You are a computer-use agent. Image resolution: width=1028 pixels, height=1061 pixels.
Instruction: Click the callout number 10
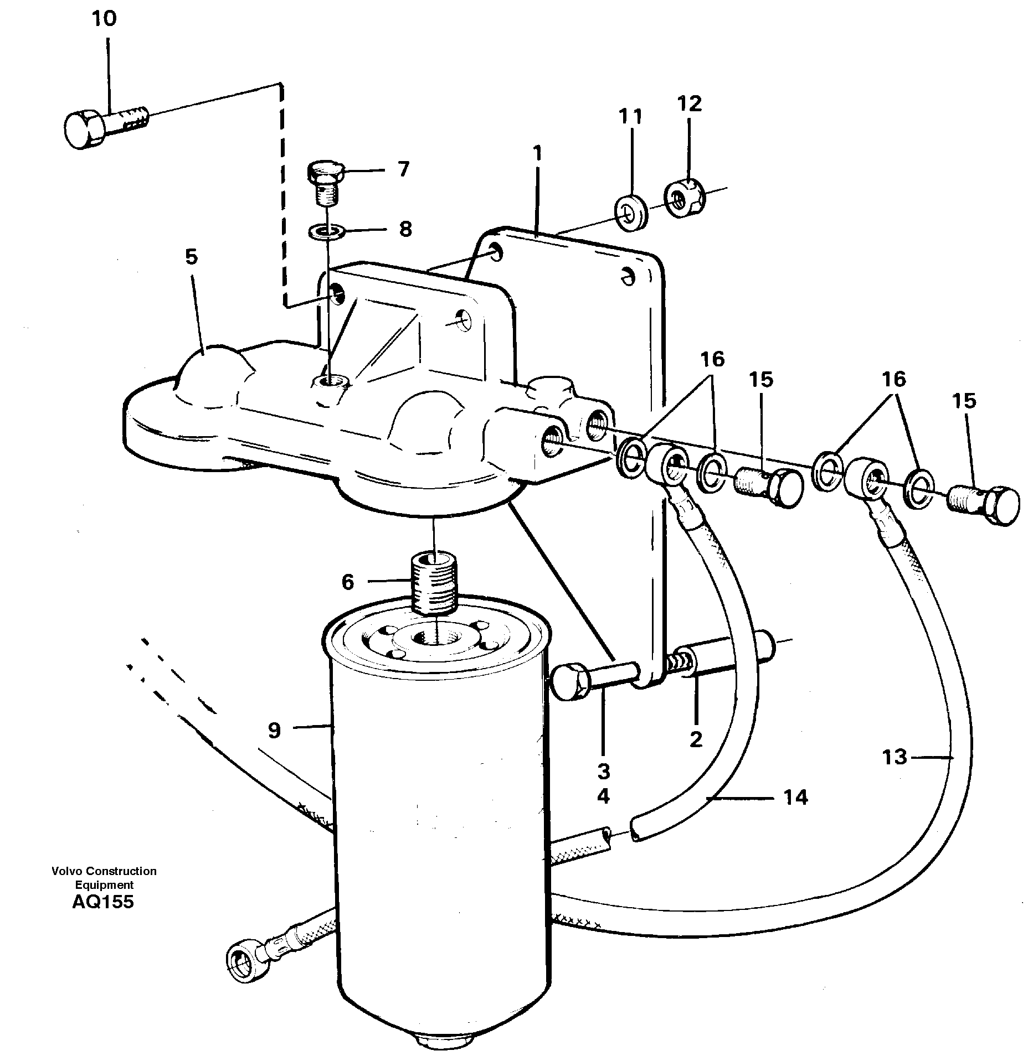tap(104, 19)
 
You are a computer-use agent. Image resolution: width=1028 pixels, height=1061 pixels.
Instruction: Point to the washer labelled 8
tap(326, 230)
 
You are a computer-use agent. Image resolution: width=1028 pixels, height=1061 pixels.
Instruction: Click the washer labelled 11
tap(631, 212)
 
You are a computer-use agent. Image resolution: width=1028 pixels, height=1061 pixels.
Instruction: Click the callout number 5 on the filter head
tap(191, 257)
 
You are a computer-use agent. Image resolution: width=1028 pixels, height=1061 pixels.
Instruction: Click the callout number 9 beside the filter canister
tap(275, 731)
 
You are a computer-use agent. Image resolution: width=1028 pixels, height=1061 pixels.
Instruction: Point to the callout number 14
tap(796, 798)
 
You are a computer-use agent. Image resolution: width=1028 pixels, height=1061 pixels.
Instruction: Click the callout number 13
tap(894, 757)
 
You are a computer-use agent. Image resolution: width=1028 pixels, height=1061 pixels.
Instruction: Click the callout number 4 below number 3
tap(603, 796)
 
